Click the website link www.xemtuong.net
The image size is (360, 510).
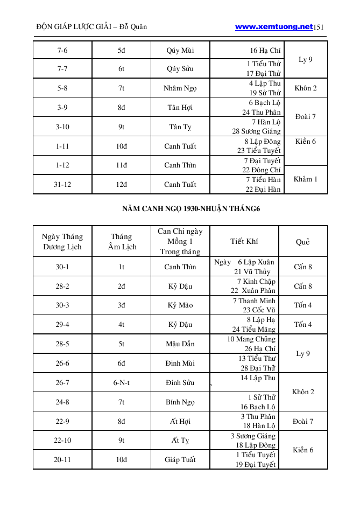click(273, 26)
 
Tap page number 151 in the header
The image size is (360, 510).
click(319, 27)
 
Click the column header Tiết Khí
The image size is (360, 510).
click(244, 242)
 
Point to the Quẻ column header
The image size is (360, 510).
click(303, 242)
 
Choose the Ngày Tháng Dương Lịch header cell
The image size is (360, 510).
click(62, 242)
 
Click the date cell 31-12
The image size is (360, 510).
click(62, 184)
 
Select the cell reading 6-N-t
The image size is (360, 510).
click(122, 383)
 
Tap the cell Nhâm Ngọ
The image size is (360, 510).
click(180, 88)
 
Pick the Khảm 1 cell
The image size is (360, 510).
click(305, 179)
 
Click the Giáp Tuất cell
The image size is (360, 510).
click(180, 460)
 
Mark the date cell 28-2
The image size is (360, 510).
click(62, 286)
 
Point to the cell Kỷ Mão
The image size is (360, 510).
click(180, 305)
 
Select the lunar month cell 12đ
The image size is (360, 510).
click(122, 184)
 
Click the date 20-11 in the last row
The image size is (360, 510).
click(62, 460)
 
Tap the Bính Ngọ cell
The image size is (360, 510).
click(180, 402)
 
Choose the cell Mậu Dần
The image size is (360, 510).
click(180, 344)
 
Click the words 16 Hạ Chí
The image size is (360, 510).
click(265, 51)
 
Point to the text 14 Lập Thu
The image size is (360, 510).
click(258, 378)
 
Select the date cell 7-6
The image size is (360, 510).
click(62, 51)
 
